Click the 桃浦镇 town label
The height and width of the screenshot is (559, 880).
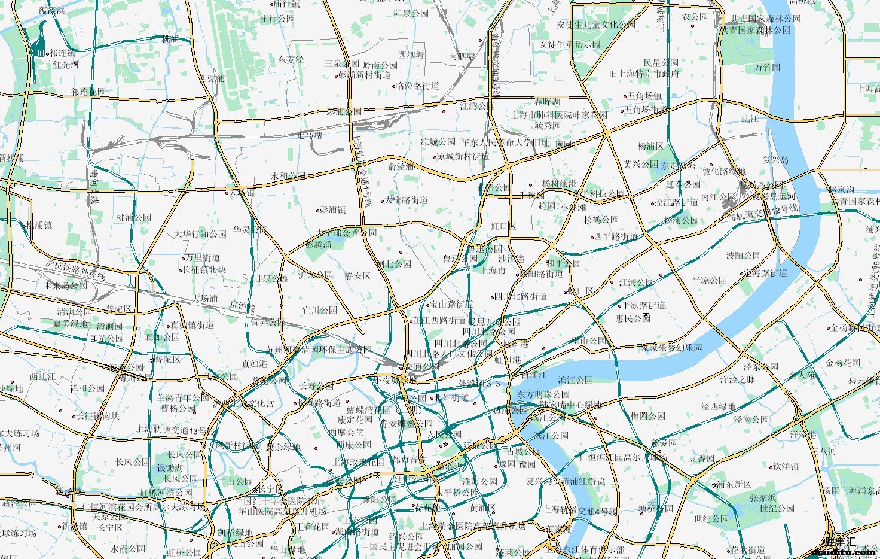click(39, 226)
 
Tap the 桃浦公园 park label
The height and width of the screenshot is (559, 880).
click(134, 217)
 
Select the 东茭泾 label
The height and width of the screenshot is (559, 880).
click(291, 59)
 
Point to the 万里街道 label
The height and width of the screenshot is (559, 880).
click(203, 257)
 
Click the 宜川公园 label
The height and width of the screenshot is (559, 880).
click(320, 310)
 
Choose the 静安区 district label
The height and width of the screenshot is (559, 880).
click(357, 276)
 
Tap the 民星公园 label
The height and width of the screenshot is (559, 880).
click(661, 63)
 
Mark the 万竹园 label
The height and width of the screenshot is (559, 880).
click(768, 68)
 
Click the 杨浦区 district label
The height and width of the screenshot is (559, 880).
click(650, 146)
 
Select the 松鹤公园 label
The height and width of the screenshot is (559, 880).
click(601, 220)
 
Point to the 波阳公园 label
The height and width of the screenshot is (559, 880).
click(744, 255)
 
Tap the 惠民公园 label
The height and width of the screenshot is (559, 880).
click(633, 318)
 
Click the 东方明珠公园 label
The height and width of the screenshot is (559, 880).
click(543, 394)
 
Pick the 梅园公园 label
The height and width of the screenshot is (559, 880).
click(648, 415)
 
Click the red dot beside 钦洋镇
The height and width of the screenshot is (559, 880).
click(771, 466)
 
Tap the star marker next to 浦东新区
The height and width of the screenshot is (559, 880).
click(714, 485)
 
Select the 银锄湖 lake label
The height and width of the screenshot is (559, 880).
click(170, 467)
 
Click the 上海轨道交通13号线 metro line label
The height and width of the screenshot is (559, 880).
click(176, 429)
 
